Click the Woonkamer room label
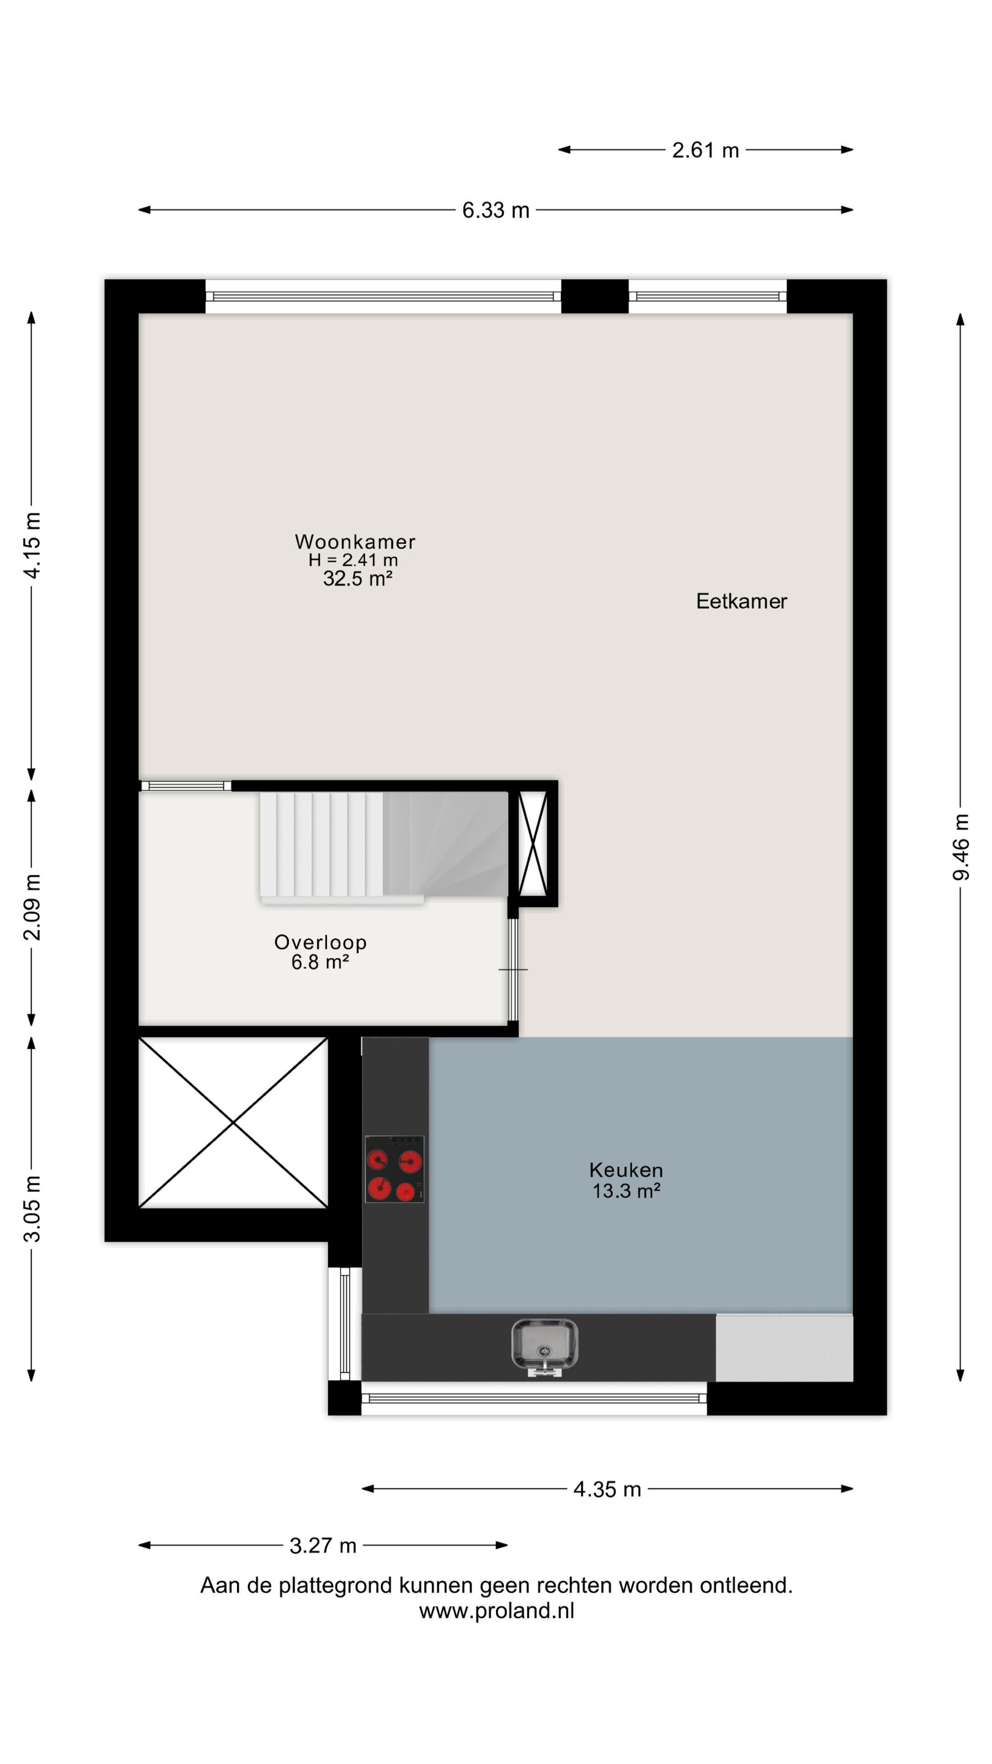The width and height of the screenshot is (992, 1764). click(x=355, y=541)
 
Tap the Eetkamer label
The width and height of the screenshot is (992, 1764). click(x=742, y=601)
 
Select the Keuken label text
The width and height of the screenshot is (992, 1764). click(x=626, y=1170)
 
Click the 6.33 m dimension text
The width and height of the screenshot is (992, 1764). click(x=495, y=210)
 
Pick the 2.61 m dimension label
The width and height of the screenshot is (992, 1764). click(x=705, y=150)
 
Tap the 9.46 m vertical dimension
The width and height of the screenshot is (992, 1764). click(x=961, y=847)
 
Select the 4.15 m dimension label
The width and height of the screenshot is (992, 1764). click(x=32, y=545)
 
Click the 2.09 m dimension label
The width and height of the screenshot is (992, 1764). click(x=32, y=907)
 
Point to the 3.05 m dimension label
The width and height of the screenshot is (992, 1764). click(x=32, y=1208)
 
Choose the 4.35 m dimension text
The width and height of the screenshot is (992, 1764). click(x=607, y=1490)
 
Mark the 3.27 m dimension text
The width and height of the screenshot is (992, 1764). click(x=323, y=1545)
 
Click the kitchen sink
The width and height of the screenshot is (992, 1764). click(x=545, y=1347)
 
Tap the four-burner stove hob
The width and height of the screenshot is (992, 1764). click(x=394, y=1168)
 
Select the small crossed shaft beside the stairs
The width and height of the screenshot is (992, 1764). click(x=533, y=843)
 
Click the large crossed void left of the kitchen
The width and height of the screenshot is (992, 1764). click(x=233, y=1123)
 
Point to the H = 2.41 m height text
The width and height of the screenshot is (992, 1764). click(x=353, y=560)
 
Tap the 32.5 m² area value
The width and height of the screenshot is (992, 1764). click(x=358, y=579)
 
